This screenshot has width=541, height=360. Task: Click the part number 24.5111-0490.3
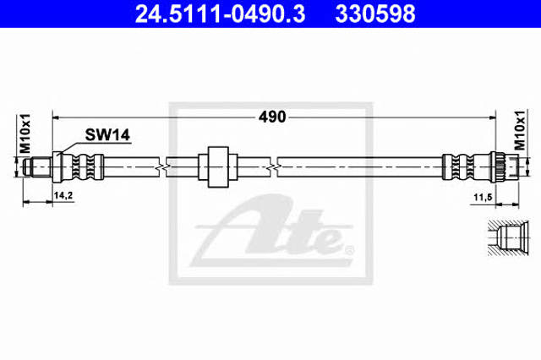tap(220, 14)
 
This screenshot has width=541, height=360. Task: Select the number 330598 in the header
tap(375, 14)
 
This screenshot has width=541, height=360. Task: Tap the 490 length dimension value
tap(272, 117)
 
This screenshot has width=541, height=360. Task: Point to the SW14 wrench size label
tap(107, 135)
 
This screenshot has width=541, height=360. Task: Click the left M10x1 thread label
tap(25, 134)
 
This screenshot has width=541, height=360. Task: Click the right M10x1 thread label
tap(520, 131)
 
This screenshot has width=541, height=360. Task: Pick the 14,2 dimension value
tap(63, 196)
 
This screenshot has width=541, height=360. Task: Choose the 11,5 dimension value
tap(483, 198)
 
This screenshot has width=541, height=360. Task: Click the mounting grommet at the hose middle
tap(218, 166)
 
